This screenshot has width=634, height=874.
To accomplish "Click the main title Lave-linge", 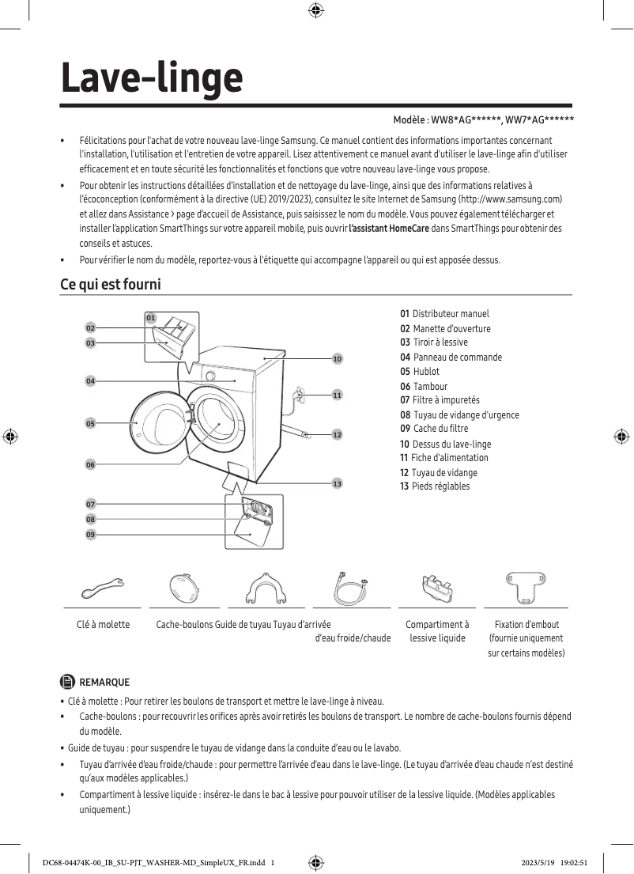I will pos(152,78).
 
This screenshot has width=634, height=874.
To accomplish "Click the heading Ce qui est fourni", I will pos(111,284).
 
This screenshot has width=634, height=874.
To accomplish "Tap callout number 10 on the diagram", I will pos(337,359).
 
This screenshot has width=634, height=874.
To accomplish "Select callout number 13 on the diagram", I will pos(337,483).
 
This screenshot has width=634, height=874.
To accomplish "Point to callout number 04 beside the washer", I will pos(91,381).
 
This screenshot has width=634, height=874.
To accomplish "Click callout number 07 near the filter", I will pos(91,504).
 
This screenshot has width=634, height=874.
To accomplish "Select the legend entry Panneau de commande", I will pos(457,358).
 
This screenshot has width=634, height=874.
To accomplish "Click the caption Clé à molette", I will pos(103,625).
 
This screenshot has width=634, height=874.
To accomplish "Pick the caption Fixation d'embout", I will pos(526,625).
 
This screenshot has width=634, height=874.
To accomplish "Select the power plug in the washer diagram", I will pos(299,393).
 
